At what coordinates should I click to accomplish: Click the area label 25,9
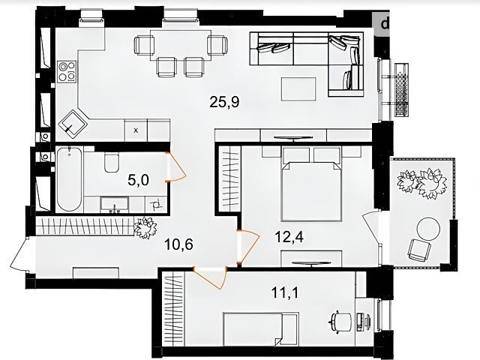coord(224,102)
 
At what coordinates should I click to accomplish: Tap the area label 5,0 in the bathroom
coord(138,180)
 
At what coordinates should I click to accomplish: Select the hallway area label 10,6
coord(178,244)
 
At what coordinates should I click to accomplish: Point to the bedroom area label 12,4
coord(289,236)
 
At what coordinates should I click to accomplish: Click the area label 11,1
coord(285,292)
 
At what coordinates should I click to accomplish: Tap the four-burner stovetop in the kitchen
coord(67,71)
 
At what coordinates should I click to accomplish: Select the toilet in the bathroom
coord(111,162)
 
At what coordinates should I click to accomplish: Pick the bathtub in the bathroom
coord(70,179)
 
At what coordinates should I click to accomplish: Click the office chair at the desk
coord(340,322)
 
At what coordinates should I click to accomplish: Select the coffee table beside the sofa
coord(298,88)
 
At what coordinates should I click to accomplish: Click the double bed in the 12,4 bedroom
coord(312,184)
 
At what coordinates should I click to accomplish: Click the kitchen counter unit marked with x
coord(136,130)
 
